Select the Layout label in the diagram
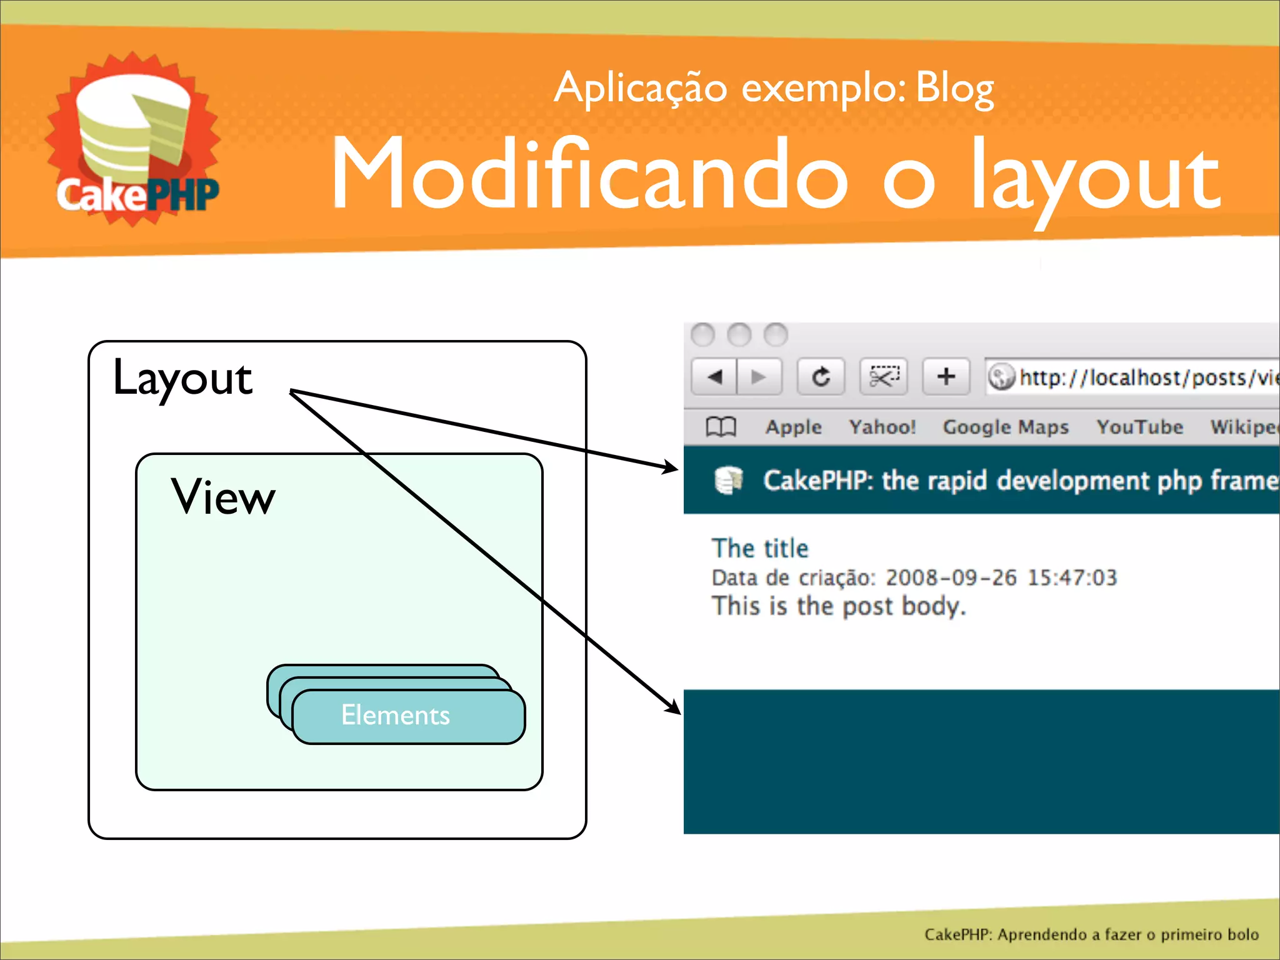(182, 379)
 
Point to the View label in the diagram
(223, 497)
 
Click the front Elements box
(407, 716)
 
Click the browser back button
(715, 377)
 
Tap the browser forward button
(759, 377)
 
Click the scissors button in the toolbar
(882, 377)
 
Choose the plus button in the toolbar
(946, 377)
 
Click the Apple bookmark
(793, 427)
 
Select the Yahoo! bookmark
(882, 427)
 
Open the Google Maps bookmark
(1005, 427)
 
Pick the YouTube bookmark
(1139, 427)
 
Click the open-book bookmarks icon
(721, 427)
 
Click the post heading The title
(760, 549)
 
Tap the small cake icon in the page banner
(728, 480)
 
